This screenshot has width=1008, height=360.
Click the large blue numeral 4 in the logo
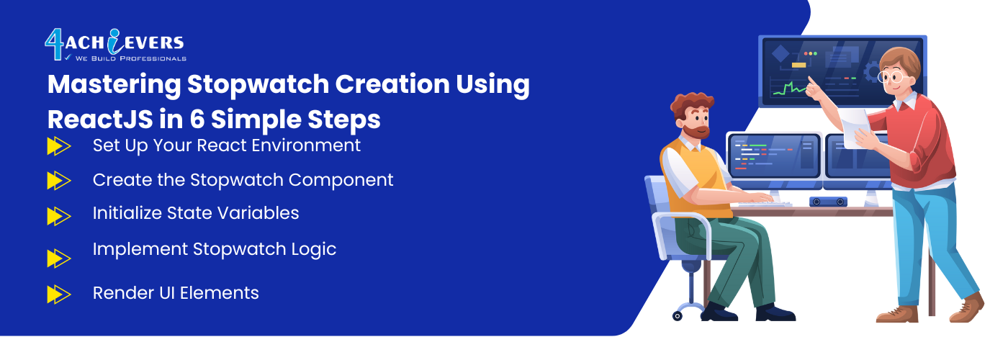[55, 44]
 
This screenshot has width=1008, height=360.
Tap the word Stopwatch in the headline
[258, 85]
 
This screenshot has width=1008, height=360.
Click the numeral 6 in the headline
[197, 120]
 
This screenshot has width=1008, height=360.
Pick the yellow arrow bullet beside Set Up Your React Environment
[59, 146]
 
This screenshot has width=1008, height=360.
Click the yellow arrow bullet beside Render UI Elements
[59, 294]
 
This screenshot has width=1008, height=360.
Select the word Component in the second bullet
[341, 181]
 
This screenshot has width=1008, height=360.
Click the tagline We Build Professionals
[130, 58]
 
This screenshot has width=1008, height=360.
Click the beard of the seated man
[696, 131]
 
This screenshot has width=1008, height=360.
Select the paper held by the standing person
[855, 128]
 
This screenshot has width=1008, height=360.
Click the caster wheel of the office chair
[678, 316]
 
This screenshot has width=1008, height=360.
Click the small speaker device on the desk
[828, 202]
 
